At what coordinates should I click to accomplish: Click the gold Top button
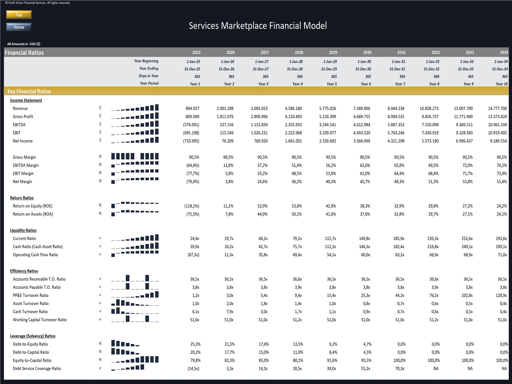(19, 15)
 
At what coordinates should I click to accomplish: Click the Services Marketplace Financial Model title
(258, 26)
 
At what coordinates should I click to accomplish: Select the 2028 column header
(299, 52)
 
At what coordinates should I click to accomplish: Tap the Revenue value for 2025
(193, 109)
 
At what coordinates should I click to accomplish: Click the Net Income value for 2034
(498, 141)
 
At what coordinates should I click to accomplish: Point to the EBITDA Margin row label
(26, 165)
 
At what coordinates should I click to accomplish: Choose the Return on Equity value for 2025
(192, 206)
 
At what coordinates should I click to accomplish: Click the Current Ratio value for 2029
(330, 239)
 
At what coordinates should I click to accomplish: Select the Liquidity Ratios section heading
(23, 230)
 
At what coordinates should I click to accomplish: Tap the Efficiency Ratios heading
(24, 271)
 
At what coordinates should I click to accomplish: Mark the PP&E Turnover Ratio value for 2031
(400, 295)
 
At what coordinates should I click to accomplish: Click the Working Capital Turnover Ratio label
(40, 320)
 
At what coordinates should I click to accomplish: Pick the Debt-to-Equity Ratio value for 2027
(264, 344)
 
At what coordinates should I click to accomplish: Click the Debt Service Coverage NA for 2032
(436, 369)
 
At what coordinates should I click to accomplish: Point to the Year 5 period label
(332, 84)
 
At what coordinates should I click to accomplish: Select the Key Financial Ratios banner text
(29, 91)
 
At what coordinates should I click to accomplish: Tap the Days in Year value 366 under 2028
(300, 77)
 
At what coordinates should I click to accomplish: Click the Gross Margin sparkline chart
(135, 156)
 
